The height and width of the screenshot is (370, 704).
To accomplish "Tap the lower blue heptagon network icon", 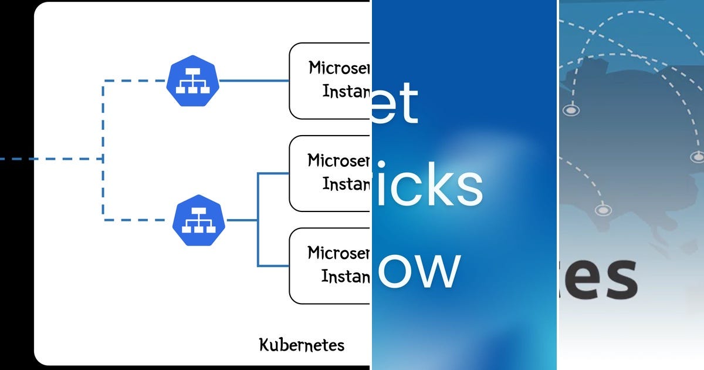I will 199,220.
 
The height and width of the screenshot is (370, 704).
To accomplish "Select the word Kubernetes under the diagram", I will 302,344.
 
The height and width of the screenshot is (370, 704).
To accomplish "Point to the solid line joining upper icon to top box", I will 253,80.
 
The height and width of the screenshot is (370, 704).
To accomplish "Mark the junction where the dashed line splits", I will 104,159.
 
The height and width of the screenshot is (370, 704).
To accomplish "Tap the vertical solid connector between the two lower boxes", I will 258,220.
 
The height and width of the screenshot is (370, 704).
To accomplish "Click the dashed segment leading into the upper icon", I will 135,80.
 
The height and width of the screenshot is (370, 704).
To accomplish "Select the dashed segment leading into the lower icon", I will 138,220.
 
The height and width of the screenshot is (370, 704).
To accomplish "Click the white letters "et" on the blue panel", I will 395,104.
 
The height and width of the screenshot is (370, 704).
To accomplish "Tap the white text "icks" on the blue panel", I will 428,185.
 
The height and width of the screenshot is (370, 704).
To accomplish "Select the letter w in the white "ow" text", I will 438,270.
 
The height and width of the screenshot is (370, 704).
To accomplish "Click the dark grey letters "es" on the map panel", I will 598,279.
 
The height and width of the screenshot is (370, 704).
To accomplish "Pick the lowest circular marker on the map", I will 603,210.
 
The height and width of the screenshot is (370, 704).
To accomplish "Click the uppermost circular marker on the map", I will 570,110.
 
